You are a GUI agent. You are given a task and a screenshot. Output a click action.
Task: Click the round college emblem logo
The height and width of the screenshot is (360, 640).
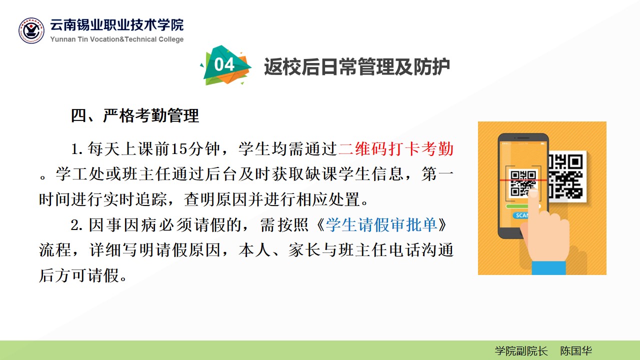point(31,30)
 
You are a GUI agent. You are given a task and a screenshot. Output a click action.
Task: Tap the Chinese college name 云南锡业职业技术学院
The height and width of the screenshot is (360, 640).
point(117,25)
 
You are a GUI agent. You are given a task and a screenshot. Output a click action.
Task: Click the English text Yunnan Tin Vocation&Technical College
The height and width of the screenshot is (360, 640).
point(117,39)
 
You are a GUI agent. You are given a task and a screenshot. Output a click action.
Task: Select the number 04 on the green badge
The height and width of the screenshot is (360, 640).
point(224,64)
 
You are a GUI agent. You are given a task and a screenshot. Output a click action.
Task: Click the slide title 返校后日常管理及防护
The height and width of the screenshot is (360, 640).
point(357,67)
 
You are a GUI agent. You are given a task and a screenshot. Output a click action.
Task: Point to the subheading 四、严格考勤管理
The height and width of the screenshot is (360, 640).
point(135,115)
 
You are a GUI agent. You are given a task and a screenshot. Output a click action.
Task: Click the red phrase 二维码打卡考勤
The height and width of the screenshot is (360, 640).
point(396,149)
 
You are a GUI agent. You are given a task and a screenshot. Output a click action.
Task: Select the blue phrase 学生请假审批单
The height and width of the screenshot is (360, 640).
point(381,225)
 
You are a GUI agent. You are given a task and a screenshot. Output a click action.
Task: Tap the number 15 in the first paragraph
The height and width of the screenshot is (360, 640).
point(179,149)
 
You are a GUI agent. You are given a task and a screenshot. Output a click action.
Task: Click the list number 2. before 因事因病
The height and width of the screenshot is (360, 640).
point(77,225)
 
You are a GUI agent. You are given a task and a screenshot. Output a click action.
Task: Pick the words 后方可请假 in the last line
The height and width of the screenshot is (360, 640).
point(79,275)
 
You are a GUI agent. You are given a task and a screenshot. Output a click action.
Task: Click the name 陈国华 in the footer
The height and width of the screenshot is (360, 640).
point(575,351)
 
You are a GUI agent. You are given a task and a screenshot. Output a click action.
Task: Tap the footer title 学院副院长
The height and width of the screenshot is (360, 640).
point(521,351)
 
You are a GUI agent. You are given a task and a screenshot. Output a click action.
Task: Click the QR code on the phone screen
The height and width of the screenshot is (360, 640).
point(523,183)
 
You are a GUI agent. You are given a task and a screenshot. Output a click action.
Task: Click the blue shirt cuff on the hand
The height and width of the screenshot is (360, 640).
point(549,267)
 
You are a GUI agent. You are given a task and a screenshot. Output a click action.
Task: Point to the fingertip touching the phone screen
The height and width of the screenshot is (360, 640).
point(533,194)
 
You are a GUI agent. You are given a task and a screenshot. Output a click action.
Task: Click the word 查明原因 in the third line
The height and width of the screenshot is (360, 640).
point(215,199)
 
